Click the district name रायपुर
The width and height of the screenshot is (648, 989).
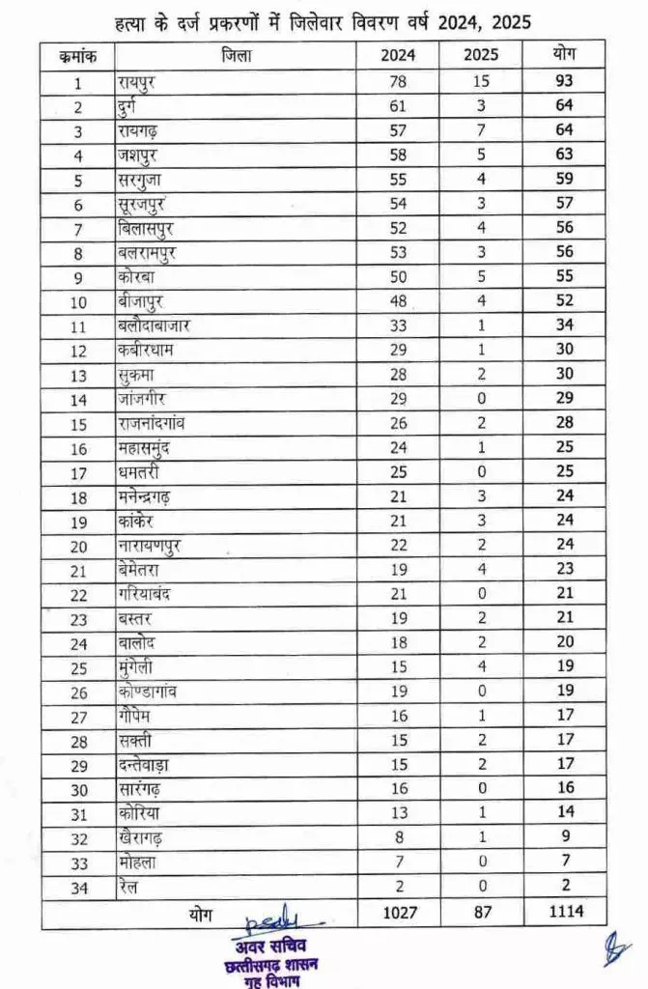(135, 82)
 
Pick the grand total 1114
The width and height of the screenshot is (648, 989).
(564, 910)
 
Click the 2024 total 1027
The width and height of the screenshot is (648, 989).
(398, 910)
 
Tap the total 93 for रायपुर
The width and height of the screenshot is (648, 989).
(564, 82)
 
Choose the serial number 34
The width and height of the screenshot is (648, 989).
(76, 887)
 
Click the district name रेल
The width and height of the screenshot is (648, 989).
(127, 887)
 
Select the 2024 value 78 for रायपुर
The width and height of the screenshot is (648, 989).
(398, 82)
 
